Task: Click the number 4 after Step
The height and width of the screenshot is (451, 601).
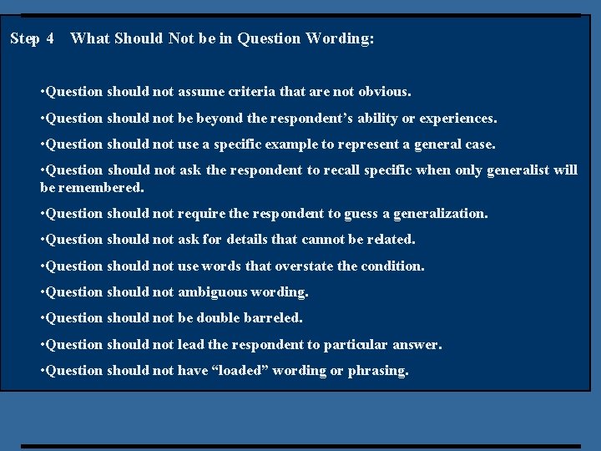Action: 50,38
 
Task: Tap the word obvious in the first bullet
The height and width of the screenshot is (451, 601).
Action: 385,92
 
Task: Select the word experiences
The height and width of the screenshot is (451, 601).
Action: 457,119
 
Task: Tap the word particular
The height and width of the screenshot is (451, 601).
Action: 358,344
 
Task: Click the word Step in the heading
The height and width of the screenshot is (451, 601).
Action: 25,38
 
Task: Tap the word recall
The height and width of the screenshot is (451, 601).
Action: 356,170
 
